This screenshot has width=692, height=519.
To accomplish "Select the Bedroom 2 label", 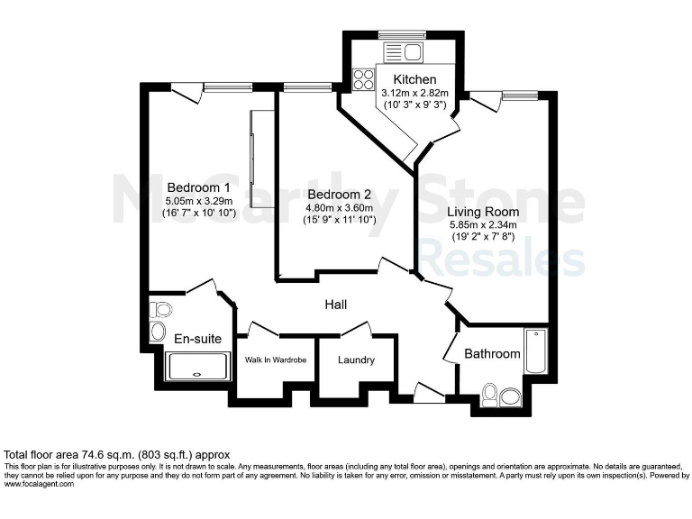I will pyautogui.click(x=339, y=194).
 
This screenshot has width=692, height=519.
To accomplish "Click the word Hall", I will pyautogui.click(x=336, y=305).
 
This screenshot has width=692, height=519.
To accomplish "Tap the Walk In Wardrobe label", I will pyautogui.click(x=276, y=360).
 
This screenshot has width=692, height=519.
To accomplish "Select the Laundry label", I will pyautogui.click(x=356, y=360).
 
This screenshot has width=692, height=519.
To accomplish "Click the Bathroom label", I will pyautogui.click(x=492, y=354).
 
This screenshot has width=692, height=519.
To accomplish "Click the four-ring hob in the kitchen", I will pyautogui.click(x=365, y=79).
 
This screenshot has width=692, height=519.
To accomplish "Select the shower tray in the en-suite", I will pyautogui.click(x=199, y=367).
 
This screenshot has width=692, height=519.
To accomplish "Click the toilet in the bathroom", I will pyautogui.click(x=490, y=393).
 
